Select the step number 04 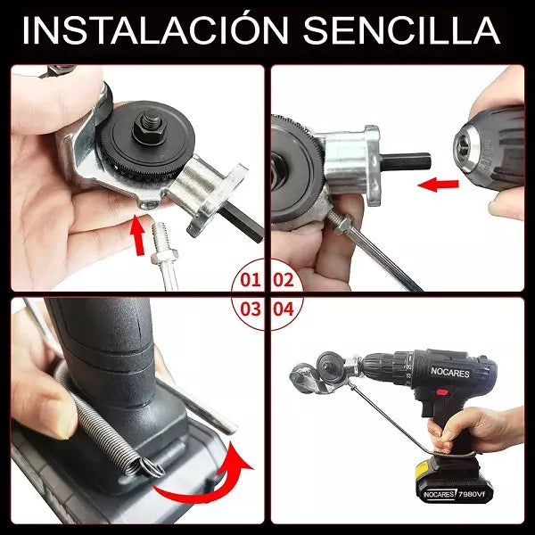point(284,309)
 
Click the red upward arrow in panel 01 point(139,236)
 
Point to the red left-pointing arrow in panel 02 point(438,185)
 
